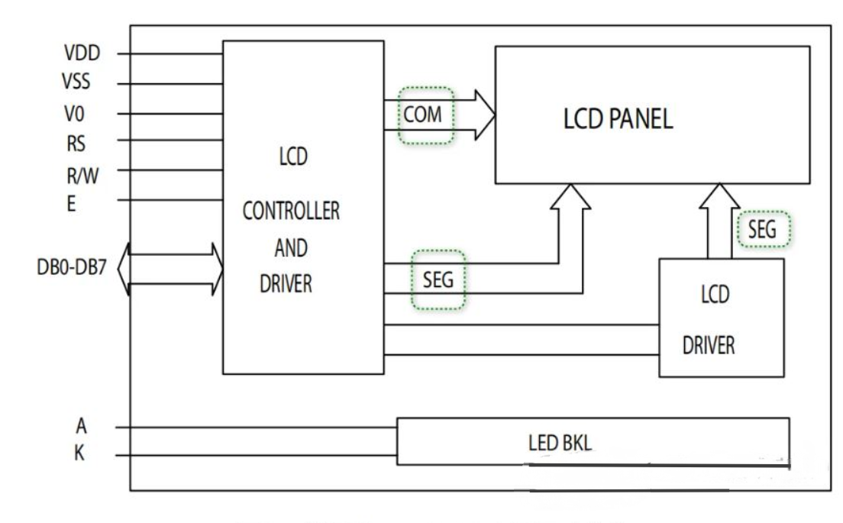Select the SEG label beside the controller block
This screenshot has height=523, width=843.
click(x=438, y=279)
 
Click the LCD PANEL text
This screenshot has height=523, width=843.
click(x=619, y=121)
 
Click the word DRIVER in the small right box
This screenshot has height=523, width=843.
click(x=709, y=345)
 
